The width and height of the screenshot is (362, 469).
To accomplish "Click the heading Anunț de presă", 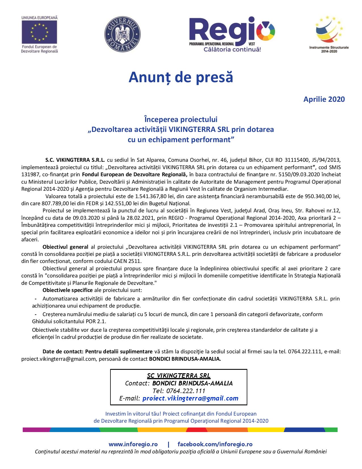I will [181, 77].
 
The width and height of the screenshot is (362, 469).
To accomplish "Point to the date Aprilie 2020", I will [324, 99].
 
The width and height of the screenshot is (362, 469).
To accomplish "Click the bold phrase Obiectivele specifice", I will [68, 290].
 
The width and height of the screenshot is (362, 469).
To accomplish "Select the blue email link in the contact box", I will [190, 398].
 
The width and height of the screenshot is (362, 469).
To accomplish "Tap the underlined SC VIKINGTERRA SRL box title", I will [179, 375].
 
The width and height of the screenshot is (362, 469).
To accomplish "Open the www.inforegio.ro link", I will [133, 444].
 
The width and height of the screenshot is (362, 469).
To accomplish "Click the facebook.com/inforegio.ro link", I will [215, 444].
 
